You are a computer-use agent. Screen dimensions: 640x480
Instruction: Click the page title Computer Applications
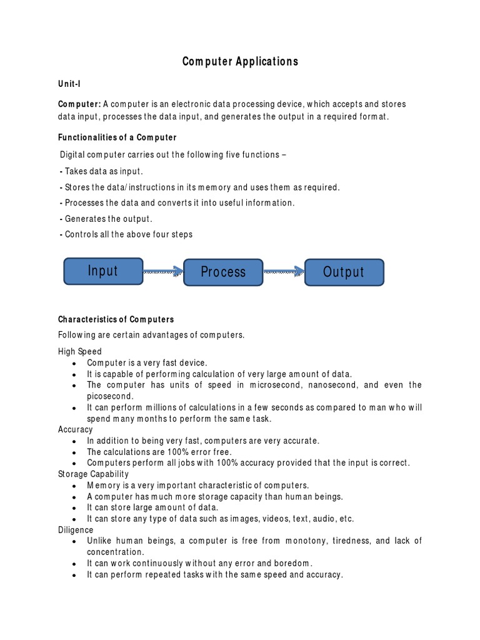coord(240,61)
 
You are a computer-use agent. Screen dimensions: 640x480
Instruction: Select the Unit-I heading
coord(71,83)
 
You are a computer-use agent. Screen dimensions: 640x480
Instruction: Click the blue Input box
coord(103,271)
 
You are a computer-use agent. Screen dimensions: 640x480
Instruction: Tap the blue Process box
coord(223,272)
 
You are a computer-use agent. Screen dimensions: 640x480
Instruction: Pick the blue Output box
coord(344,272)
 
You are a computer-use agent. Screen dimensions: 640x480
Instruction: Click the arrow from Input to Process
coord(163,271)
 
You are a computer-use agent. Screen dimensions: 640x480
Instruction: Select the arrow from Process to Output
coord(284,271)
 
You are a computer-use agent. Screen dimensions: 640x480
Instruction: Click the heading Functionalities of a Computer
coord(117,137)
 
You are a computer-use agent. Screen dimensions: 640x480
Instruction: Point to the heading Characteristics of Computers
coord(116,319)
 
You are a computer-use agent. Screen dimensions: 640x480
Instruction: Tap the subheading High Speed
coord(80,352)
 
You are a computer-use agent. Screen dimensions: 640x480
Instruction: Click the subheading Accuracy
coord(76,429)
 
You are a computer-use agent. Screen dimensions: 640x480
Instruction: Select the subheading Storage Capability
coord(93,474)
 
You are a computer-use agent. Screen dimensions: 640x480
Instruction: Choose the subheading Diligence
coord(76,530)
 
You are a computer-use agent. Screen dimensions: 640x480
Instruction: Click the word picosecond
coord(109,396)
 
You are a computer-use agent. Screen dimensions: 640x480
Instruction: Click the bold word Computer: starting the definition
coord(79,104)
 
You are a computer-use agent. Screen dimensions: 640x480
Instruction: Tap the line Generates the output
coord(106,219)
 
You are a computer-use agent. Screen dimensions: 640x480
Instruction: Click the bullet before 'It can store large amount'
coord(74,508)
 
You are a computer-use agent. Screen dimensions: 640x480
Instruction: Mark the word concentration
coord(116,552)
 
